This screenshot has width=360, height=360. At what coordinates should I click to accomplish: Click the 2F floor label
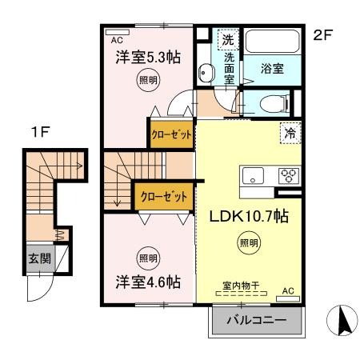tap(322, 35)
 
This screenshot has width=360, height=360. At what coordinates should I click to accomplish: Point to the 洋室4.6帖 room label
tap(146, 282)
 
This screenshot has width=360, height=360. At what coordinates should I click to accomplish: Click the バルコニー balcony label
tap(258, 322)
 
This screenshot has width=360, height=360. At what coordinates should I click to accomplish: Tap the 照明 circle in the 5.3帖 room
tap(147, 80)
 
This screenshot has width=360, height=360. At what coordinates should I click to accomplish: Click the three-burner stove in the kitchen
tap(287, 176)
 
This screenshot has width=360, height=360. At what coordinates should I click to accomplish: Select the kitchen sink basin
tap(254, 176)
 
